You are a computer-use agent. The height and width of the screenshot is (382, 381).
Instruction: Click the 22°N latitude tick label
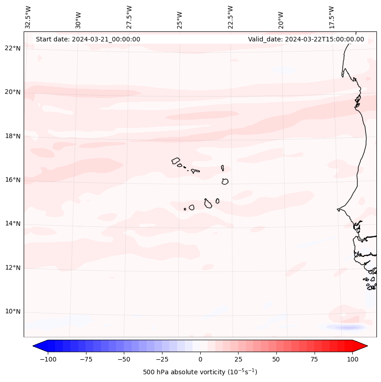click(x=13, y=48)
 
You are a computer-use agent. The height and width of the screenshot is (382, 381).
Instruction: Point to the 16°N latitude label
click(x=13, y=180)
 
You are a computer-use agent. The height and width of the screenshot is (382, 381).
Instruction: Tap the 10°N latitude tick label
click(x=13, y=311)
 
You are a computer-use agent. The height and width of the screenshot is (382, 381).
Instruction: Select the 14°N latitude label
click(x=13, y=224)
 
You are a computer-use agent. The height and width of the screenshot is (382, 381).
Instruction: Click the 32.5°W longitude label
click(x=28, y=17)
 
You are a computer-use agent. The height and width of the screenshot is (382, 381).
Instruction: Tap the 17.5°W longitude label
click(x=331, y=17)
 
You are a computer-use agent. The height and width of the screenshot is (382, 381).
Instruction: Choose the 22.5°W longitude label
click(x=230, y=17)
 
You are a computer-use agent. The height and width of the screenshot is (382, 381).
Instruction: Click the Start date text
click(x=88, y=39)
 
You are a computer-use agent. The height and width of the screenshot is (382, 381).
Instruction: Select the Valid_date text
click(x=306, y=39)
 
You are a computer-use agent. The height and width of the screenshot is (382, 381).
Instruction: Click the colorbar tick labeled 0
click(x=200, y=359)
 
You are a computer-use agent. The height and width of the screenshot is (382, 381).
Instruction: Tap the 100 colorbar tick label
click(x=352, y=359)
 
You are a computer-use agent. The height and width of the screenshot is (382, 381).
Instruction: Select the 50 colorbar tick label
click(x=276, y=359)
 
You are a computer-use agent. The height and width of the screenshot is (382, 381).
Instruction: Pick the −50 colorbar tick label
click(x=124, y=359)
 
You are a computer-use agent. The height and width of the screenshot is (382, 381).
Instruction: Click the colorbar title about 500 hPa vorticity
click(x=200, y=372)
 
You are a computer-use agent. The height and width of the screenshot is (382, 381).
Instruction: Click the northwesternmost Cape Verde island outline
click(x=176, y=161)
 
